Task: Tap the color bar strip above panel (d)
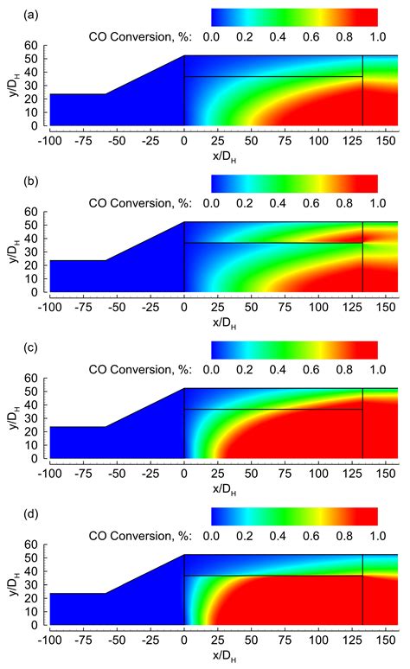294,516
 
